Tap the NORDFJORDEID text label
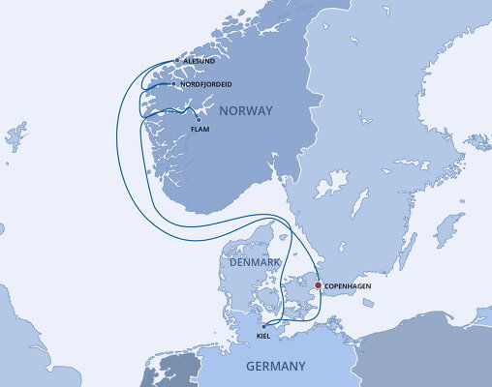tap(205, 84)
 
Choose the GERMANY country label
tap(275, 366)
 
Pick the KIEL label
tap(263, 336)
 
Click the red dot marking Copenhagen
tap(317, 285)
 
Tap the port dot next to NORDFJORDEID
tap(173, 84)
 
